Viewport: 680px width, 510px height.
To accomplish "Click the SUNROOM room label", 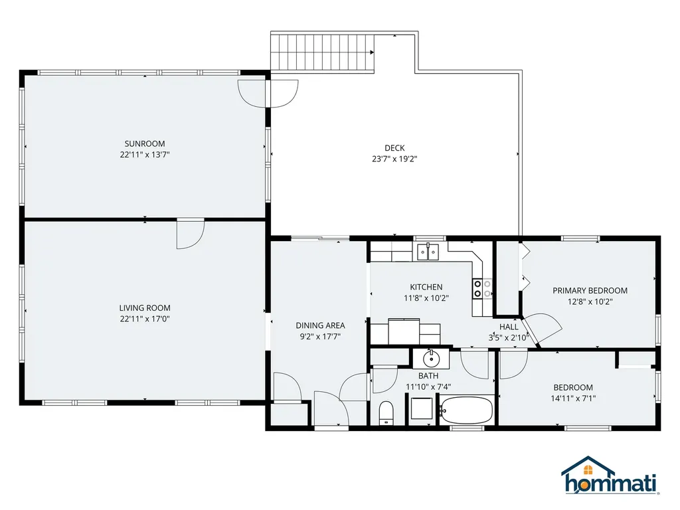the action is coord(145,143).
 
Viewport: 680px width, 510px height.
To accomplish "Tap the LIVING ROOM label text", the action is coord(145,308).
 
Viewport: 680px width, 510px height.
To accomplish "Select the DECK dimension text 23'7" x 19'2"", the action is coord(394,159).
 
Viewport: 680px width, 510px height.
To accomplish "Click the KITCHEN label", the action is coord(426,287).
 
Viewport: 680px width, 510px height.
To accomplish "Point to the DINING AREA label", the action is coord(321,325).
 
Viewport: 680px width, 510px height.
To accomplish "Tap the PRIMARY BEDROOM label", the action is coord(590,291).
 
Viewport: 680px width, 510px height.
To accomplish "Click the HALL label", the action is coord(509,327).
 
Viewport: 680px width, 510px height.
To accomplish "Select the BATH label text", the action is coord(428,376).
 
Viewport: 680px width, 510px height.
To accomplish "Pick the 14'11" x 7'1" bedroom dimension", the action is coord(573,398).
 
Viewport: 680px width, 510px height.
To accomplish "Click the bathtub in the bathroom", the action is coord(466,410).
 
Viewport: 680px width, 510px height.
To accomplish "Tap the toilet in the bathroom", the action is coord(386,413).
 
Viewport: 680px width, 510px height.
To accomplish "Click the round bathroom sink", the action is coord(431,359).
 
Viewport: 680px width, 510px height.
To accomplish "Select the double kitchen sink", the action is coord(428,252).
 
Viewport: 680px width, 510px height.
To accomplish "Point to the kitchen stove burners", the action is coord(482,289).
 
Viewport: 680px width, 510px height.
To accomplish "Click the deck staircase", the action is coord(323,52).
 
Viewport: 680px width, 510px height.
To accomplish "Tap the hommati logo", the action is coord(609,475).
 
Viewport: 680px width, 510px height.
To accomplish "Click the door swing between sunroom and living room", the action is coord(190,234).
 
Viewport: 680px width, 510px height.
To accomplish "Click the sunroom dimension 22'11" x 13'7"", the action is coord(145,154).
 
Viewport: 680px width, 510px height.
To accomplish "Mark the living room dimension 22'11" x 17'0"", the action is coord(145,319).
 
